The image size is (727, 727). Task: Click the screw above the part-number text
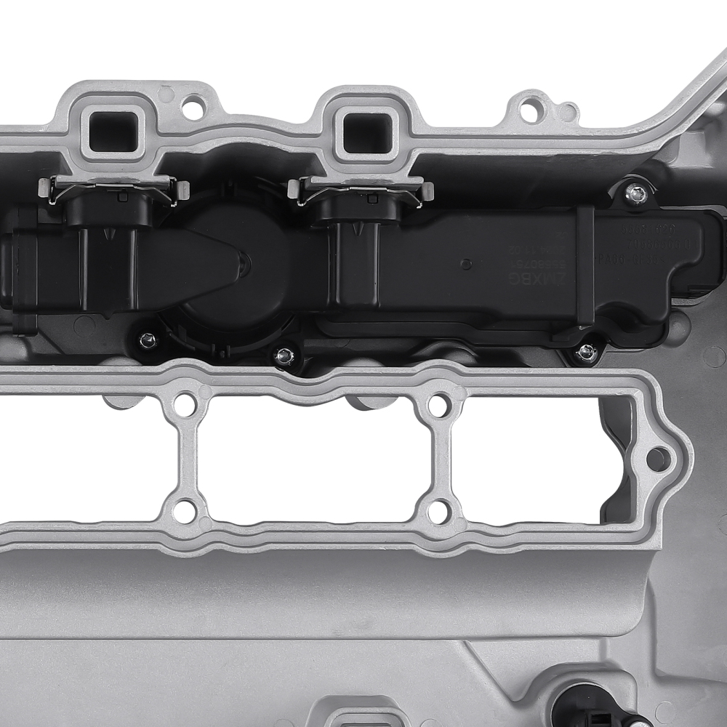point(637,193)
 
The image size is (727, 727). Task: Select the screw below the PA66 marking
point(587,352)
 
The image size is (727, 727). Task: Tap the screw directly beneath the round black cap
point(285,356)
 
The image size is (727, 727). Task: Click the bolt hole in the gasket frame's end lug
point(658,459)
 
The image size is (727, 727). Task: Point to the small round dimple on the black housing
point(466,264)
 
